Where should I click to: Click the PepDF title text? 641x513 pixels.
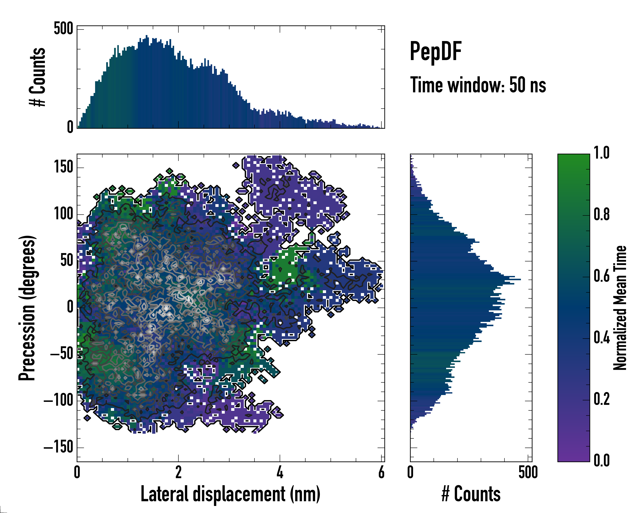435,52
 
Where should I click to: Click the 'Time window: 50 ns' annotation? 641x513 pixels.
478,85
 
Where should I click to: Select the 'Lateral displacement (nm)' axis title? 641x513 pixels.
230,494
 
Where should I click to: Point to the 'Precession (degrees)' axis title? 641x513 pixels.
27,308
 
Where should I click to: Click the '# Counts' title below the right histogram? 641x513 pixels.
471,494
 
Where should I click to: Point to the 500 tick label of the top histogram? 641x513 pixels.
63,29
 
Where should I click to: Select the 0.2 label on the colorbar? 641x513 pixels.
601,399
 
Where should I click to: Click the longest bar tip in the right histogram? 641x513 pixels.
520,279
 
